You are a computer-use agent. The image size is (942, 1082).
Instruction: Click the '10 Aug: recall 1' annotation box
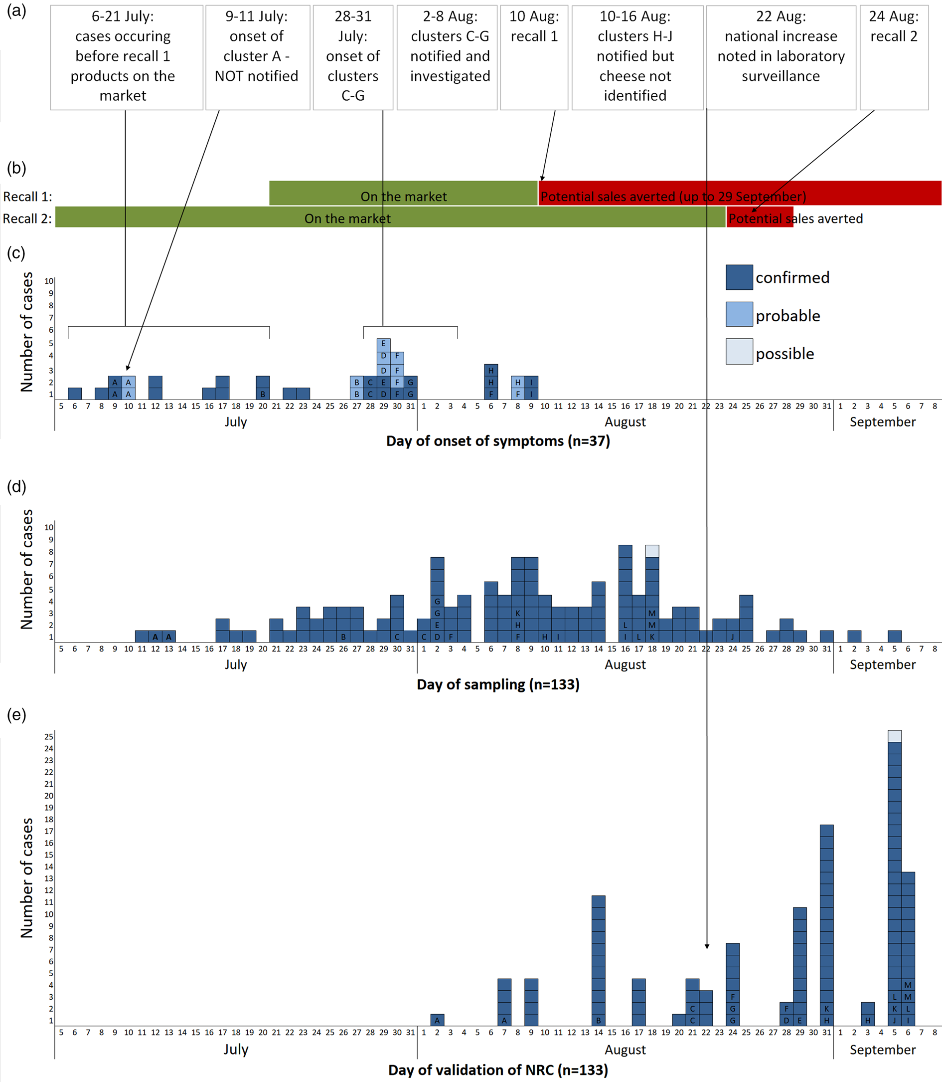click(534, 57)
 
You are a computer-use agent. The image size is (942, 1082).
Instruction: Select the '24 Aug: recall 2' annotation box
click(894, 57)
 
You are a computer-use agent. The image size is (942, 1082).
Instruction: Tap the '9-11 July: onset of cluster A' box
click(257, 57)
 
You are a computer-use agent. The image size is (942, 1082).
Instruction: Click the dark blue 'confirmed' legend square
click(739, 277)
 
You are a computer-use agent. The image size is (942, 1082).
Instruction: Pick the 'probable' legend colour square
click(739, 315)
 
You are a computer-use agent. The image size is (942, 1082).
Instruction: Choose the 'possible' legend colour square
click(739, 352)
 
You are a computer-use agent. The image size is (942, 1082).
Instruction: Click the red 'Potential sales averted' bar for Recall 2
click(759, 217)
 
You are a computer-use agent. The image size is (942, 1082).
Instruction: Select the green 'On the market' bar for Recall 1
click(403, 193)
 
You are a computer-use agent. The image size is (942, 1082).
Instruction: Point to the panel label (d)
click(16, 486)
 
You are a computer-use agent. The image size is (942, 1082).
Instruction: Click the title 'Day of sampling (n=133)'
click(498, 684)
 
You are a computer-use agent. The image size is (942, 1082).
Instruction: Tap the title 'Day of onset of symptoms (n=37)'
click(498, 441)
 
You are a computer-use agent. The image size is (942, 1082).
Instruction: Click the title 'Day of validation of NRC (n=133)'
click(498, 1070)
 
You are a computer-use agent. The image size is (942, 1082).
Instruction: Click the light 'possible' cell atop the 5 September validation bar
click(894, 736)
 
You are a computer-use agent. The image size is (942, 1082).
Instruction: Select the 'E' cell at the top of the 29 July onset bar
click(384, 344)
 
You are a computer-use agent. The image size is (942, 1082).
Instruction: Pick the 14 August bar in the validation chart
click(598, 960)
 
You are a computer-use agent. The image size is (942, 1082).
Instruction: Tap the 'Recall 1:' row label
click(27, 197)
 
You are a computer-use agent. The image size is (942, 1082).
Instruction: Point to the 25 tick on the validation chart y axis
click(49, 736)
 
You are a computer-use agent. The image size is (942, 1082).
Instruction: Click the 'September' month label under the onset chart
click(882, 422)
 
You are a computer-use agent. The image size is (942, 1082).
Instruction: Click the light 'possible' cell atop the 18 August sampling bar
click(652, 551)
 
